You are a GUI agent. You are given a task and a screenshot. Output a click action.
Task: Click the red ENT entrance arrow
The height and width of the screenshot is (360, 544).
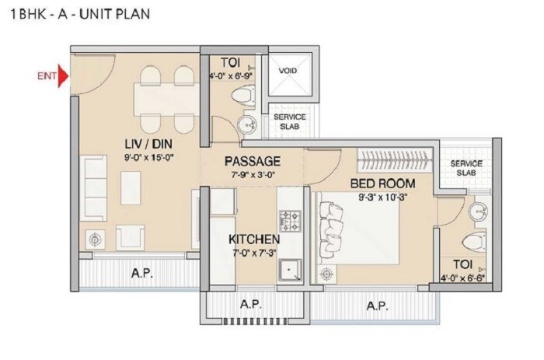coord(65,76)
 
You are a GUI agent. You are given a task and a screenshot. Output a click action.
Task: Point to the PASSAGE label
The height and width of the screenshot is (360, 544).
coord(253,161)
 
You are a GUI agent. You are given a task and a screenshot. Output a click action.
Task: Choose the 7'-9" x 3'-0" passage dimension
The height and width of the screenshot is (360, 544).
coord(253,174)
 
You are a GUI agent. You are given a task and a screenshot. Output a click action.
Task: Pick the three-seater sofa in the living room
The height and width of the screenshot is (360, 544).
coord(96,183)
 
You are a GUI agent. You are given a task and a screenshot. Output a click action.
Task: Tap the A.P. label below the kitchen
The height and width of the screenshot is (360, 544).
coord(249,304)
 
